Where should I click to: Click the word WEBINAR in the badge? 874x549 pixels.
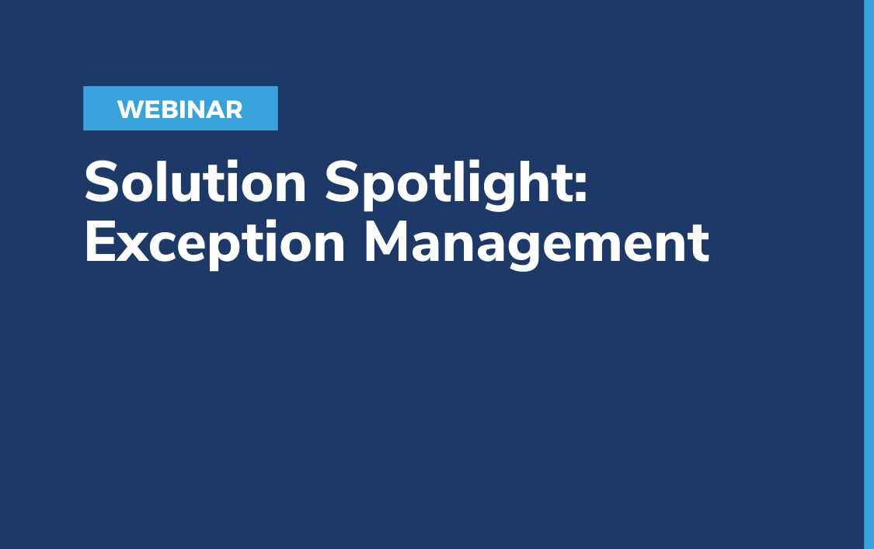tap(179, 109)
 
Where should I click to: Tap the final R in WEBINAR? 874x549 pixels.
tap(234, 109)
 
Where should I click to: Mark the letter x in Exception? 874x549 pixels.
tap(133, 247)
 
